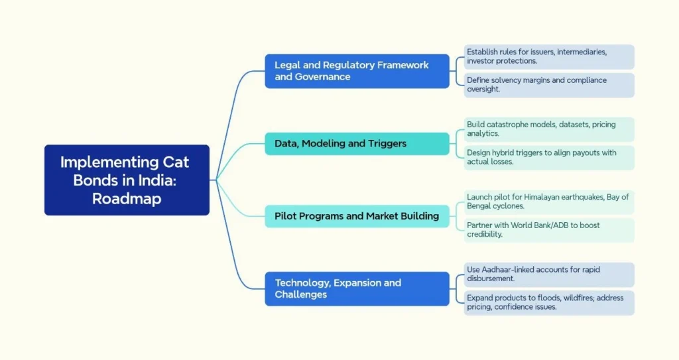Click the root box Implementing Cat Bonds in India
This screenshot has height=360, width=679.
click(x=127, y=180)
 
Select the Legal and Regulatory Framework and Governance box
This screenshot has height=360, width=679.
click(x=357, y=70)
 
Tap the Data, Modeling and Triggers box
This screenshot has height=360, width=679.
click(x=357, y=143)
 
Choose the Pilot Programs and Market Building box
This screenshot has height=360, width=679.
click(x=357, y=215)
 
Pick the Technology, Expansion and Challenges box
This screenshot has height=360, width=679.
click(x=357, y=288)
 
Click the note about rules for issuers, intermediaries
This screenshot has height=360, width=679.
click(x=548, y=56)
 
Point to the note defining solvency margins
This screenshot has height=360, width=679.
click(x=548, y=85)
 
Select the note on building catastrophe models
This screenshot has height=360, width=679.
click(x=548, y=129)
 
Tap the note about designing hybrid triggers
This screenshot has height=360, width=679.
click(x=548, y=157)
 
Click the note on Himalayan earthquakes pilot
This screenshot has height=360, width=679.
click(x=548, y=202)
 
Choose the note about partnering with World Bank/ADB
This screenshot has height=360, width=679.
click(x=548, y=230)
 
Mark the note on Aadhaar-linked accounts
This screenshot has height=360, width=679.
click(x=548, y=274)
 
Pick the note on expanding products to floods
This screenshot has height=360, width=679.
click(x=548, y=302)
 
